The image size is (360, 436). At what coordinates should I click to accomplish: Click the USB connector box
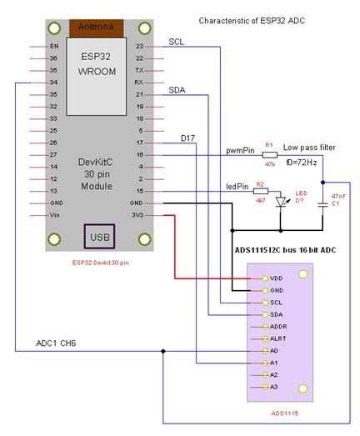pyautogui.click(x=98, y=238)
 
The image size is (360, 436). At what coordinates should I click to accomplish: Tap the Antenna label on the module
pyautogui.click(x=98, y=27)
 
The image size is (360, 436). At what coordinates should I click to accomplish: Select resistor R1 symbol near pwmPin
pyautogui.click(x=269, y=154)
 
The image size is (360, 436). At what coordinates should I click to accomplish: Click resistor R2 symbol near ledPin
pyautogui.click(x=260, y=192)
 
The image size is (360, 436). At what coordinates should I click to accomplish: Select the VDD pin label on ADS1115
pyautogui.click(x=276, y=277)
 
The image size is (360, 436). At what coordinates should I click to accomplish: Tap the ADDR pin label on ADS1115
pyautogui.click(x=278, y=326)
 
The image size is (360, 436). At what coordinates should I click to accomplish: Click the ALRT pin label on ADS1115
pyautogui.click(x=277, y=338)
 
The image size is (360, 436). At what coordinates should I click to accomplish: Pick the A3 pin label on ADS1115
pyautogui.click(x=274, y=388)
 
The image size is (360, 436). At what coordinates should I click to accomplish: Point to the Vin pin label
pyautogui.click(x=54, y=215)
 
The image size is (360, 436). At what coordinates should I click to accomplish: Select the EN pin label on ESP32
pyautogui.click(x=54, y=46)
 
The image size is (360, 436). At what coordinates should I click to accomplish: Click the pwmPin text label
pyautogui.click(x=241, y=151)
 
